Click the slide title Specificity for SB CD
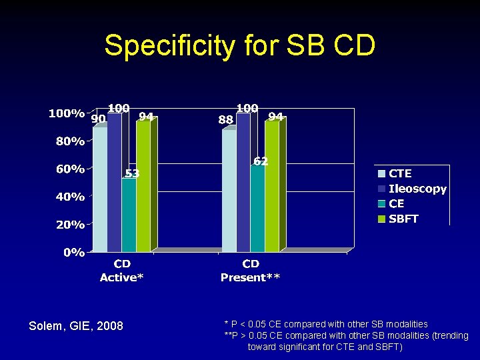point(240,46)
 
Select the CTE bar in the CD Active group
point(99,190)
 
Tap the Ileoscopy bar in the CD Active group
point(114,183)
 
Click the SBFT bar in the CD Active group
point(143,187)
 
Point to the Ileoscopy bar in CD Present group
point(243,183)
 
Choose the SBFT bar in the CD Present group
point(272,187)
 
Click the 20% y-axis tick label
point(70,225)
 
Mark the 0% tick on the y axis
point(74,253)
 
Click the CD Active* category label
point(121,271)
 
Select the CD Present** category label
point(251,271)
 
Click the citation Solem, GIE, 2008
point(76,326)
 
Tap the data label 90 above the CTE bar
point(99,119)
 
